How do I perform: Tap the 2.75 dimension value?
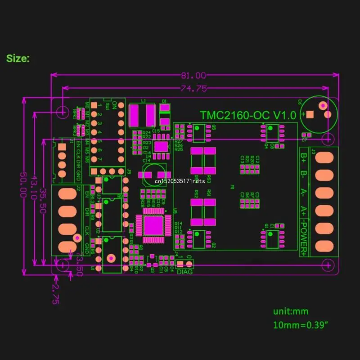pos(55,294)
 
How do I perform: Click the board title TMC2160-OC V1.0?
pos(248,115)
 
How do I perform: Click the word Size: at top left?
pos(18,58)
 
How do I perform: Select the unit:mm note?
pos(291,311)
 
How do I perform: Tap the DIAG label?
pos(185,271)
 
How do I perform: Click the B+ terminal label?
pos(304,158)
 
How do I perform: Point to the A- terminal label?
pos(304,193)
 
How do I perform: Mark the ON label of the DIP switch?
pos(115,105)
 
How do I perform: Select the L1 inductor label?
pos(144,101)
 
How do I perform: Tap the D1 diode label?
pos(165,101)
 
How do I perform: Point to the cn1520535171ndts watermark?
pos(180,180)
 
